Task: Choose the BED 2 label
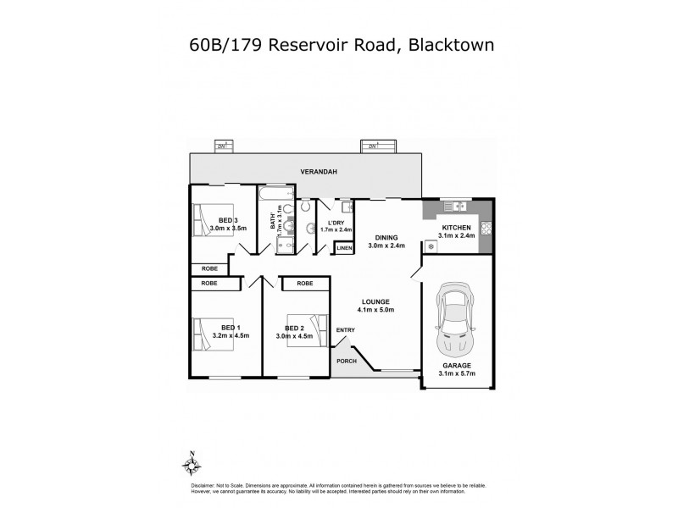click(294, 328)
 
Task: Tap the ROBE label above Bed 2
click(305, 284)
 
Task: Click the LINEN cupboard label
click(343, 248)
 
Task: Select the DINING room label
click(386, 238)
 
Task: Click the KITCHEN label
click(455, 228)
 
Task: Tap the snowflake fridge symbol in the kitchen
click(431, 246)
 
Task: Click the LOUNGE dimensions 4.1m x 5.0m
click(375, 310)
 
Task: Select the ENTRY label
click(345, 330)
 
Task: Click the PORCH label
click(347, 362)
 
